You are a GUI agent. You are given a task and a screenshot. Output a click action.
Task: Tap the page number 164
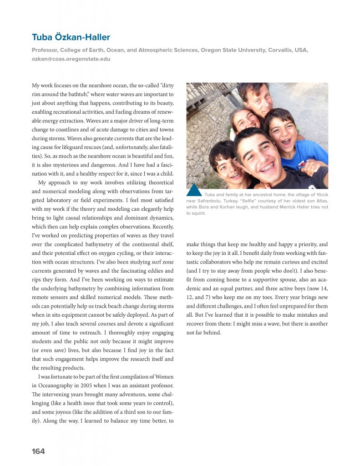tap(38, 451)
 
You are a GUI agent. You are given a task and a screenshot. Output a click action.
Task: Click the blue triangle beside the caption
tap(194, 190)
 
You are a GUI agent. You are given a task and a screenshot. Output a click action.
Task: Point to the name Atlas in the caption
tap(321, 201)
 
